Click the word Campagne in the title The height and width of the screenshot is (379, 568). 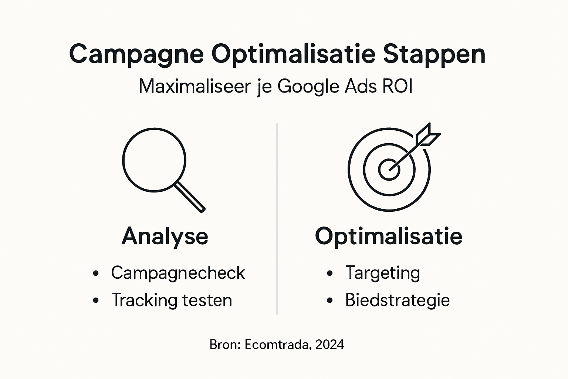coord(136,55)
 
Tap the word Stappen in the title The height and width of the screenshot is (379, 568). coord(434,55)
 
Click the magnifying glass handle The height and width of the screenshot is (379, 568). coord(189,197)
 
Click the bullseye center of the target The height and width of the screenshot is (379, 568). coord(389,170)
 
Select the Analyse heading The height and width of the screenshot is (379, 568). coord(165,236)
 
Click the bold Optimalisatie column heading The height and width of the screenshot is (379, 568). coord(389,236)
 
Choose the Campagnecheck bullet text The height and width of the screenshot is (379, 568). coord(178,273)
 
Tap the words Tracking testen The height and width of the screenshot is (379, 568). coord(172,300)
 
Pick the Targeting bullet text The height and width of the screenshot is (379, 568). coord(383,273)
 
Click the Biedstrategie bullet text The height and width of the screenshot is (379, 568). coord(398,300)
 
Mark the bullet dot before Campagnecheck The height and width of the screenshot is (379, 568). coord(96,274)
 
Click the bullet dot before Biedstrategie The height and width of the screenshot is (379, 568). coord(330,301)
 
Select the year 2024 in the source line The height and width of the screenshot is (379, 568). coord(330,345)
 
